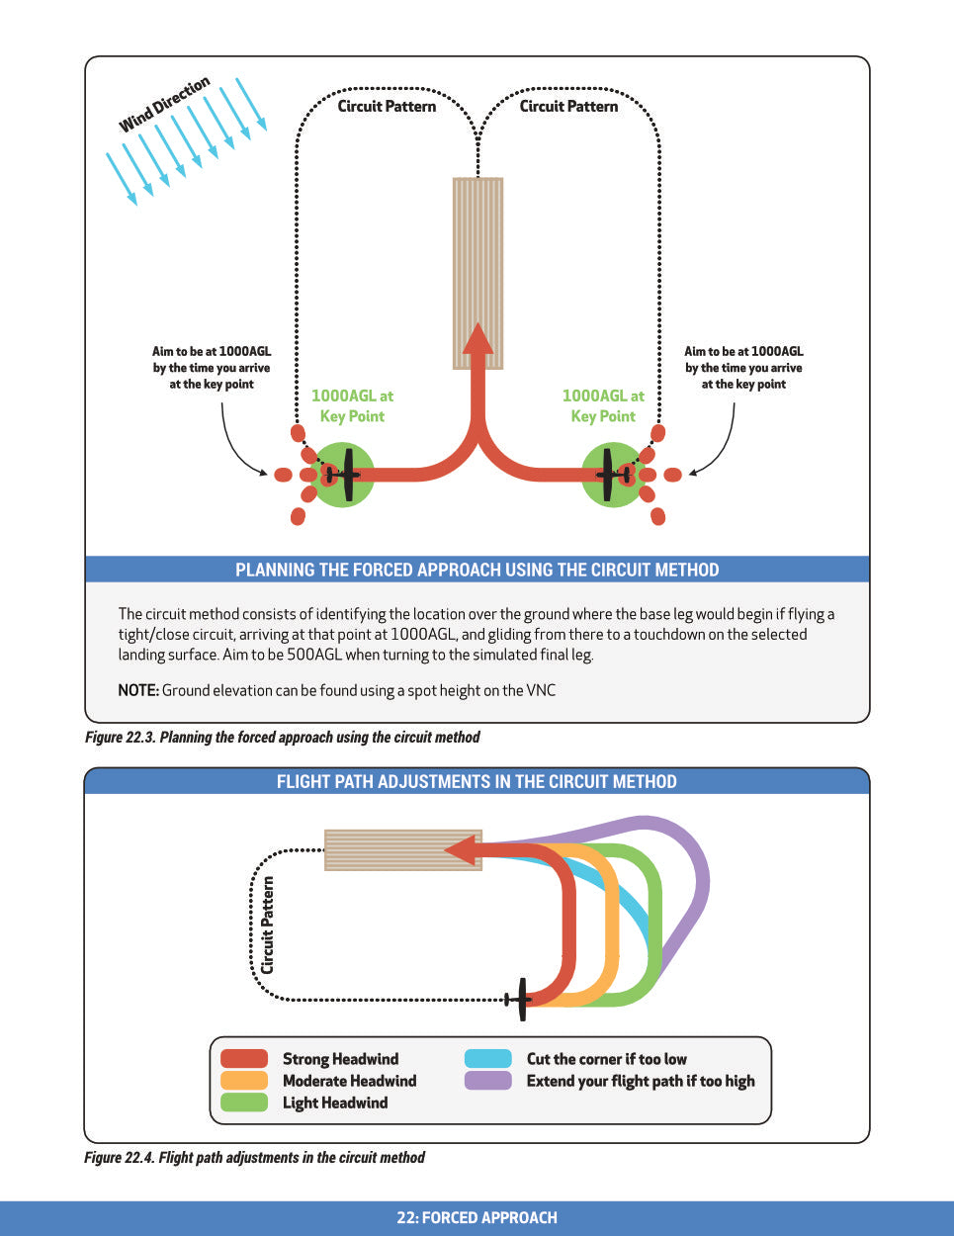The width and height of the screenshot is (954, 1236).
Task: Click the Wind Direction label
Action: coord(164,105)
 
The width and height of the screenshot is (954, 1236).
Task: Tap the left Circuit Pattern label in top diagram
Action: coord(387,107)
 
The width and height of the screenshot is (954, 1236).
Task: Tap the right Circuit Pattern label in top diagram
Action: coord(568,107)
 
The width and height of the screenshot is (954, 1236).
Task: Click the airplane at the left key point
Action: coord(343,476)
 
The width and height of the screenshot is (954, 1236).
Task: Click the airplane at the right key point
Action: coord(614,476)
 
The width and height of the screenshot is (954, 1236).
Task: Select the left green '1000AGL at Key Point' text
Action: coord(352,406)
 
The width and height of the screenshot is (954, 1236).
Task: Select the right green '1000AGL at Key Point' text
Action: coord(603,406)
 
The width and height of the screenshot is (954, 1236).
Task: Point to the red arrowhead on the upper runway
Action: coord(478,338)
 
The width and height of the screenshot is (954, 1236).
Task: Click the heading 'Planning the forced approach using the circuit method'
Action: coord(477,570)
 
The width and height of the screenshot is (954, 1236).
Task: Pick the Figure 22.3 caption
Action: coord(283,738)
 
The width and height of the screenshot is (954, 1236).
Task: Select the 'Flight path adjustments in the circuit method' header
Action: coord(477,782)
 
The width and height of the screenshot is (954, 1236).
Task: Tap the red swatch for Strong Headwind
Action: coord(244,1059)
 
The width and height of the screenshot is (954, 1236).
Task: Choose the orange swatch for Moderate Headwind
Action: coord(244,1081)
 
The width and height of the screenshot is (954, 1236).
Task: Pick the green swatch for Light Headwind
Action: coord(244,1103)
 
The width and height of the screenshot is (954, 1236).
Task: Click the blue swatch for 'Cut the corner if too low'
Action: coord(488,1059)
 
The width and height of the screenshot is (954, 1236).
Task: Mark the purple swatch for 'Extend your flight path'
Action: coord(488,1081)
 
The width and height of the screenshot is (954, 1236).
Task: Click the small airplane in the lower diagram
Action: coord(520,999)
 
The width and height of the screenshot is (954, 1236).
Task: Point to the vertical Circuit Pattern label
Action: coord(268,926)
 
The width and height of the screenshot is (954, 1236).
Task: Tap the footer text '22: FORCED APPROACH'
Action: coord(477,1218)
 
